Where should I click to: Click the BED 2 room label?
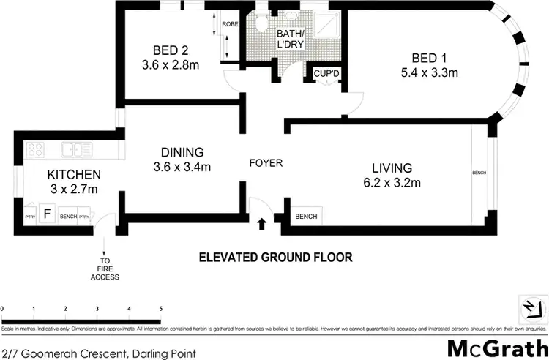[x=171, y=50]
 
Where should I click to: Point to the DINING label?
[x=182, y=152]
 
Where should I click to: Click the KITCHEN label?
[x=73, y=175]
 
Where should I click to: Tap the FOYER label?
[x=265, y=163]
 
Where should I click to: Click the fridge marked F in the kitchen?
[x=48, y=215]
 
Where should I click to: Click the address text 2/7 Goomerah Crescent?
[x=98, y=353]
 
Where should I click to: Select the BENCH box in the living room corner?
[x=305, y=217]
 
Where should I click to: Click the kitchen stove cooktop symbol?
[x=34, y=150]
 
